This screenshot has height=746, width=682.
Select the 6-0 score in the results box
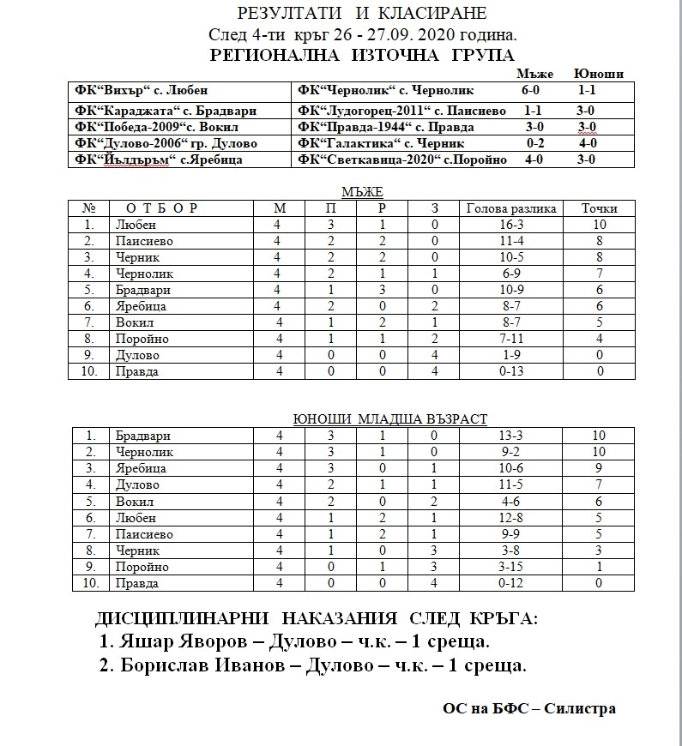click(x=534, y=90)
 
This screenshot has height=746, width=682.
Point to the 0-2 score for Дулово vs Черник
click(x=535, y=143)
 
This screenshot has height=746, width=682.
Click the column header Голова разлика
click(x=510, y=208)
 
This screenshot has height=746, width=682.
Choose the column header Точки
click(x=599, y=208)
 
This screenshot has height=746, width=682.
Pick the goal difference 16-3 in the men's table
click(x=510, y=225)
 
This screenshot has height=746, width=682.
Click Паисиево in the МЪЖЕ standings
click(x=144, y=241)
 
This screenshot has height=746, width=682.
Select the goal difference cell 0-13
click(x=510, y=371)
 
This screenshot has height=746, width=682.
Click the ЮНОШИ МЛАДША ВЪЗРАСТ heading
click(x=389, y=418)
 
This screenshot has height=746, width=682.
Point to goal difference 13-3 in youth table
click(x=510, y=436)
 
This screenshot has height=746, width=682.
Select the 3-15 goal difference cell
click(x=510, y=567)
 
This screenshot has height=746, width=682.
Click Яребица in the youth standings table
click(x=141, y=468)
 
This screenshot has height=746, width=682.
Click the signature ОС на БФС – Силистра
click(x=529, y=708)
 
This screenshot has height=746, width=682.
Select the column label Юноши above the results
click(x=600, y=74)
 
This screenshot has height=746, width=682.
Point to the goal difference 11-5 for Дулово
click(x=510, y=484)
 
